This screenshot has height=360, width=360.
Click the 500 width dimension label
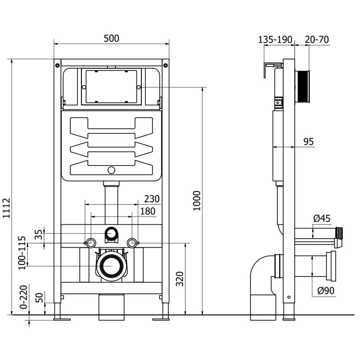point(111,38)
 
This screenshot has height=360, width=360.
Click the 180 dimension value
point(148,211)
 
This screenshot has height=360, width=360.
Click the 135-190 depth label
point(275,39)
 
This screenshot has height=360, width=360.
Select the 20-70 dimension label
point(317,39)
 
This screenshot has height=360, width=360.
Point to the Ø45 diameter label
point(321,219)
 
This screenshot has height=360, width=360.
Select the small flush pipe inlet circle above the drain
point(111,234)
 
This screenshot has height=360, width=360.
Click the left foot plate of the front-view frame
point(62,318)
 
